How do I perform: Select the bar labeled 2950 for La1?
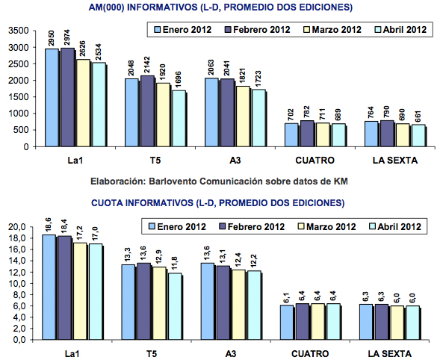click(51, 98)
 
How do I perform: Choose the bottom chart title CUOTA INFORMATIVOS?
click(216, 202)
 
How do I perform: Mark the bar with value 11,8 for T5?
click(178, 306)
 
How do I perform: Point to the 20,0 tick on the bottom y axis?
click(19, 227)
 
